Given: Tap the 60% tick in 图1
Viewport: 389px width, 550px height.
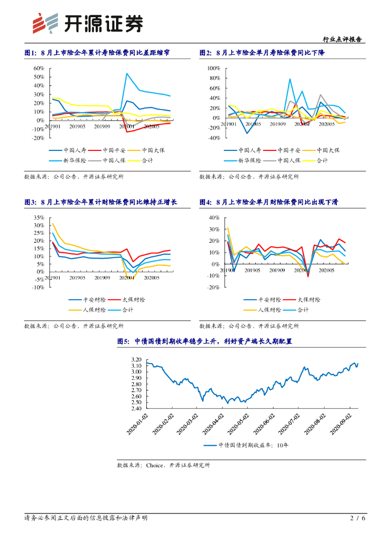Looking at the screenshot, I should pos(38,69).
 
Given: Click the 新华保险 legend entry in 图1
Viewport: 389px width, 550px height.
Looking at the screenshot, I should pos(72,160).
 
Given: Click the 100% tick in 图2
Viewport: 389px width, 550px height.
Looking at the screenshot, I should pos(213,69).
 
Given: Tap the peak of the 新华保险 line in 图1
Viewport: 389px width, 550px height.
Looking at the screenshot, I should pos(127,74).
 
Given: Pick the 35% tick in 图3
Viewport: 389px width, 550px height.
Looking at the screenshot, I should pos(38,218).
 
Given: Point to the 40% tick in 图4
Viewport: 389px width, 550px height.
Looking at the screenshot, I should pos(213,218).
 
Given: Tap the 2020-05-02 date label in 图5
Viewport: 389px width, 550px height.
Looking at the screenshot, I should pos(240,424).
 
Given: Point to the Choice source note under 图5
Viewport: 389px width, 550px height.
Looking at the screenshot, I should pos(163,465).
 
